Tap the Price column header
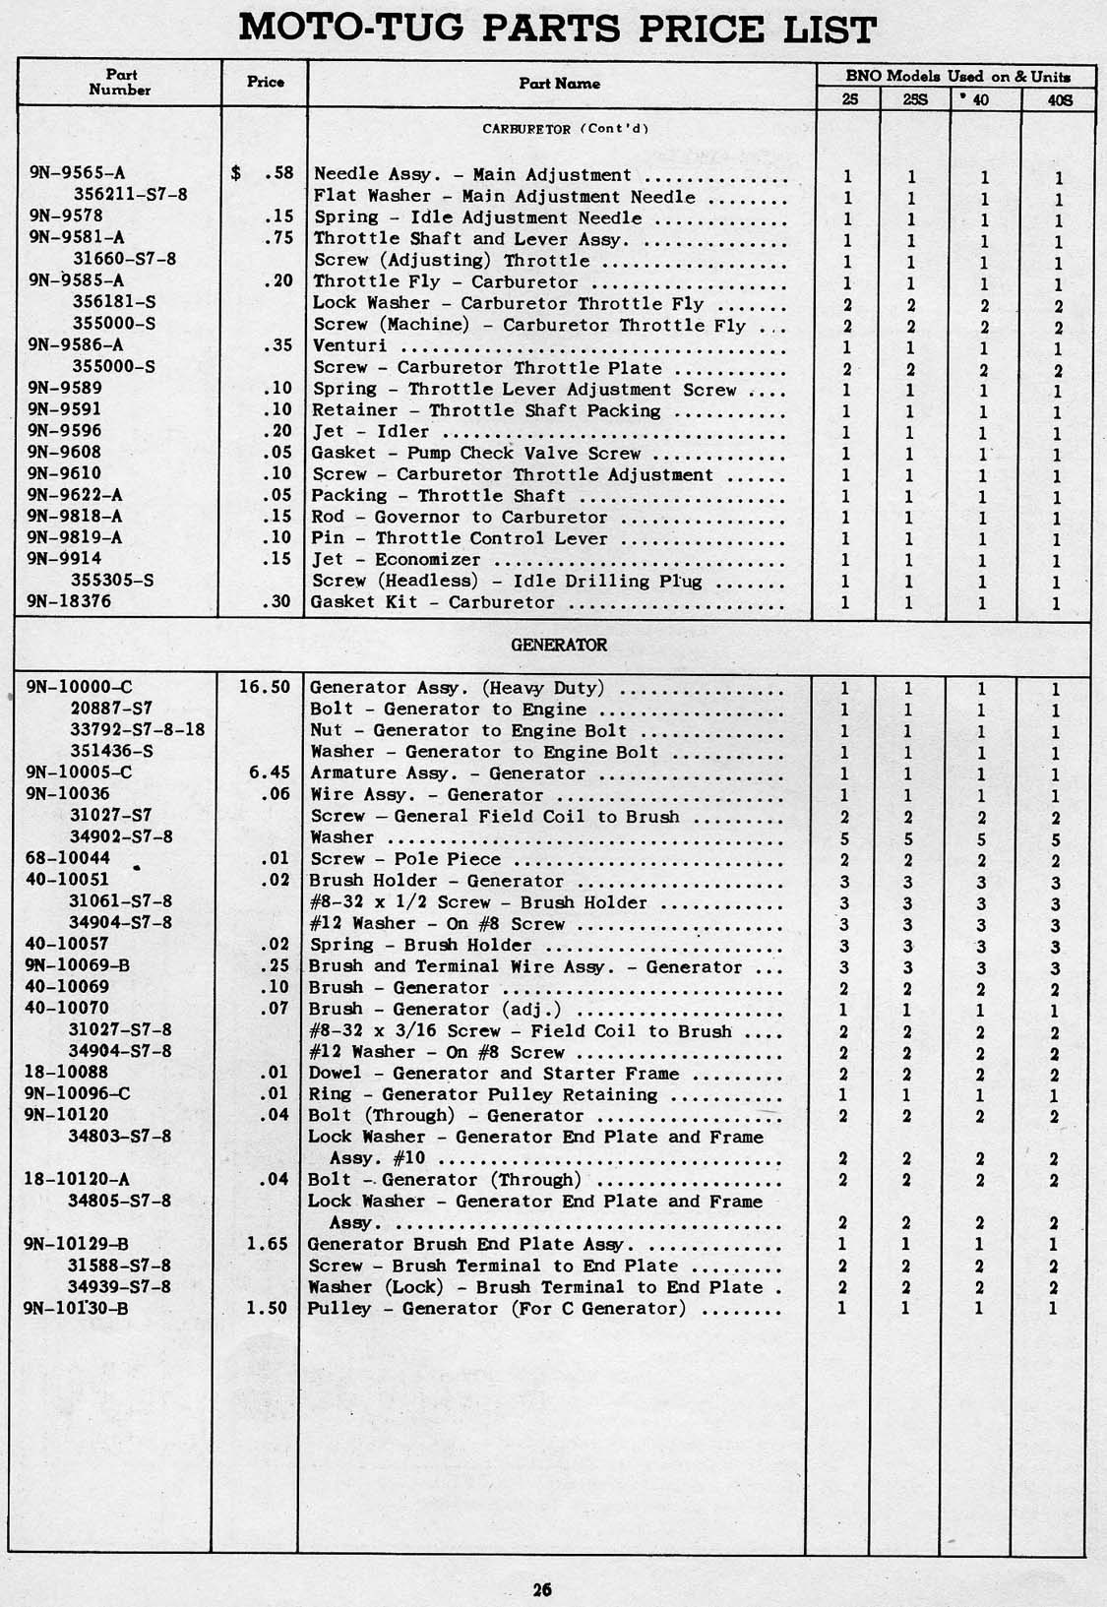(x=265, y=83)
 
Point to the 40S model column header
(x=1059, y=99)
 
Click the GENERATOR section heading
(x=559, y=646)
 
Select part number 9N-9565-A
(x=77, y=174)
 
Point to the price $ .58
(x=263, y=174)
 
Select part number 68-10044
(x=68, y=858)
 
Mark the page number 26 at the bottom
(x=542, y=1588)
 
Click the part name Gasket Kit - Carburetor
(x=433, y=602)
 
